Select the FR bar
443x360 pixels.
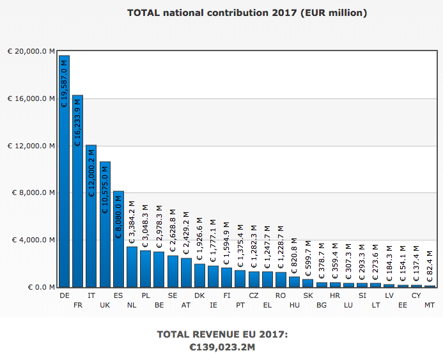pos(77,191)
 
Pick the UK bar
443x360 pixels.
pos(105,224)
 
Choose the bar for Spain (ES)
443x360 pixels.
pos(118,239)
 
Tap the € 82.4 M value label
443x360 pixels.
pos(430,265)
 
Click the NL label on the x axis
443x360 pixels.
pos(132,305)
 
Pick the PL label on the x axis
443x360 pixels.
pos(146,295)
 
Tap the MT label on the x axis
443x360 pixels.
pos(430,305)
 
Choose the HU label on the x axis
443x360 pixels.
pos(295,305)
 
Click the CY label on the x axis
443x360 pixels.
pos(416,295)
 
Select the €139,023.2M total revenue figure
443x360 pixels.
pos(222,347)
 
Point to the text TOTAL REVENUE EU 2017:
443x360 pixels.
pos(222,334)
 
